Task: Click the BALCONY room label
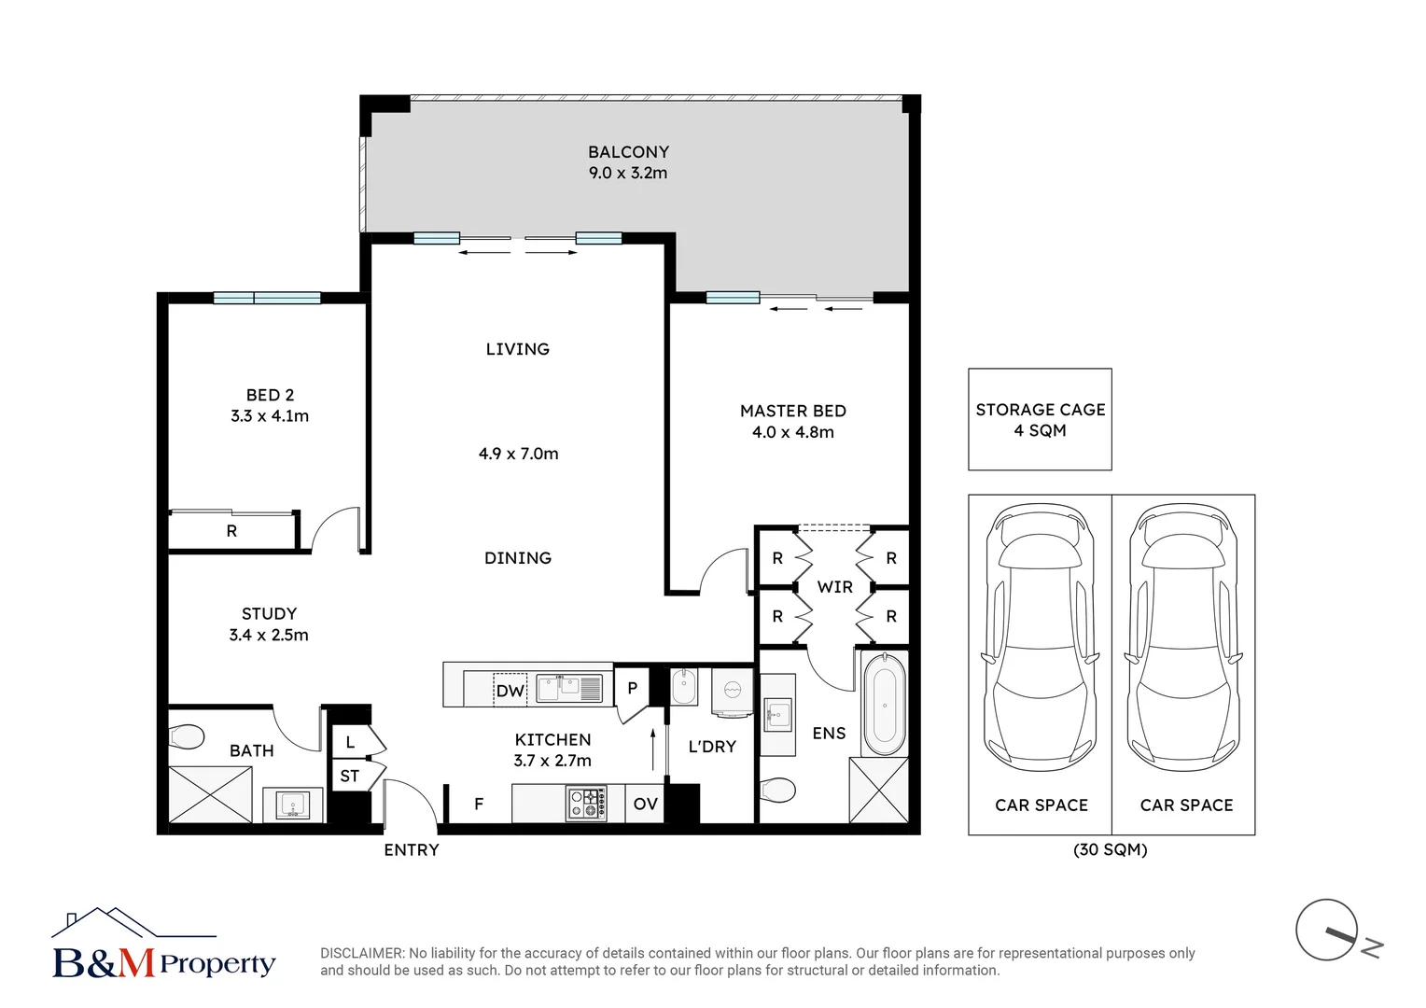click(x=628, y=152)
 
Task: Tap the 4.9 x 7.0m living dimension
click(x=518, y=455)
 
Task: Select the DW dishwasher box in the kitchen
click(x=510, y=691)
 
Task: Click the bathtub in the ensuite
click(x=884, y=705)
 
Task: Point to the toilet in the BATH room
click(x=186, y=737)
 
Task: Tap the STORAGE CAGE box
click(x=1040, y=419)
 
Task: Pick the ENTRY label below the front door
click(x=412, y=850)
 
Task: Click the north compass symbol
click(x=1329, y=931)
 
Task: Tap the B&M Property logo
click(x=163, y=945)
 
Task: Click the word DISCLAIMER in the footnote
click(x=361, y=954)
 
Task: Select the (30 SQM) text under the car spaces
click(x=1110, y=850)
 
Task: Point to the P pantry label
click(x=632, y=689)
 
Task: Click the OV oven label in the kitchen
click(x=645, y=804)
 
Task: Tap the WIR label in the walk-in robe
click(x=834, y=587)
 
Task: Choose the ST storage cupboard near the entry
click(x=349, y=777)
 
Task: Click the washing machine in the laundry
click(x=732, y=692)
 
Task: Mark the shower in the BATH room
click(x=210, y=794)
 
